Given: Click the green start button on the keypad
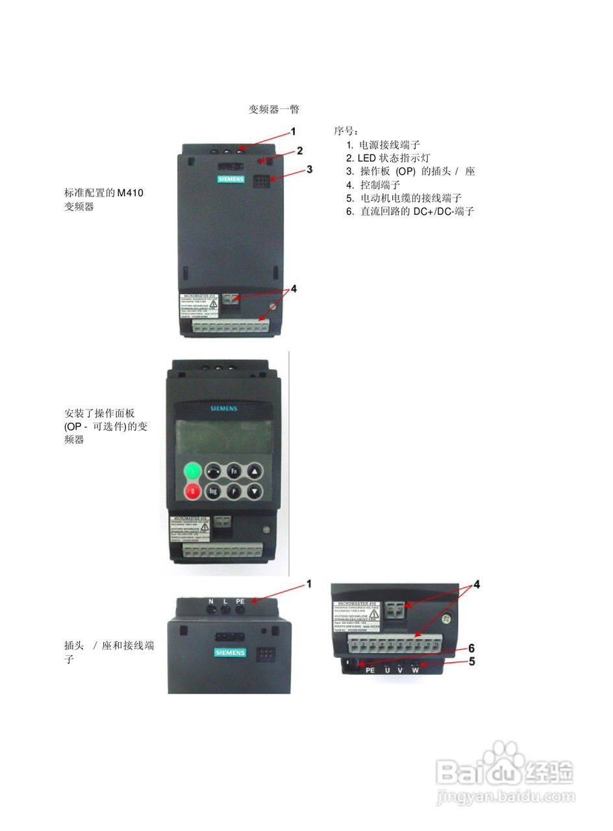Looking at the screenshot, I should [193, 471].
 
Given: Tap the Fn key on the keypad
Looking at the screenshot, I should [234, 471].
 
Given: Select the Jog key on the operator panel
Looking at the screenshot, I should [213, 491].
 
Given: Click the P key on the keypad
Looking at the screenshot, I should [234, 491].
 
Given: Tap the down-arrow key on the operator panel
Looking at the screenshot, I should [255, 491].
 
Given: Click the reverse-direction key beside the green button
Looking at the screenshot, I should [213, 471].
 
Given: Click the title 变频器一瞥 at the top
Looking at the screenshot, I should [273, 109].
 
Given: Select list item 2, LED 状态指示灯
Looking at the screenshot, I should [388, 158].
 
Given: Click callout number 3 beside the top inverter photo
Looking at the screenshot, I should [310, 169].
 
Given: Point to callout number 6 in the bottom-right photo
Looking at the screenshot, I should [471, 648].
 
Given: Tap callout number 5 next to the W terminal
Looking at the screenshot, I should [471, 662].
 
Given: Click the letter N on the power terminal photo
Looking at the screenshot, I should [211, 602].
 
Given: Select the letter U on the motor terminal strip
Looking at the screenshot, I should [388, 670].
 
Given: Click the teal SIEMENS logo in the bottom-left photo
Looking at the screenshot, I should [230, 652].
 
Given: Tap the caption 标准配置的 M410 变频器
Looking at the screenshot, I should [104, 199].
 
